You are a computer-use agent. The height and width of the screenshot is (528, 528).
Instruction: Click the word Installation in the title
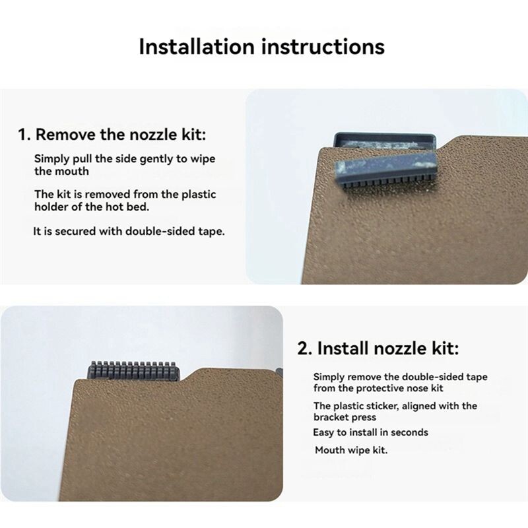pos(196,46)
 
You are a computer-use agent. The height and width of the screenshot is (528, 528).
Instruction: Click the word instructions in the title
pos(323,46)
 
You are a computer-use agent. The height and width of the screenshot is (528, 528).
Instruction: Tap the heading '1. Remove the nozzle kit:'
pos(112,135)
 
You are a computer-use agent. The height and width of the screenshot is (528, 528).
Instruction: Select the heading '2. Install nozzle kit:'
pos(378,348)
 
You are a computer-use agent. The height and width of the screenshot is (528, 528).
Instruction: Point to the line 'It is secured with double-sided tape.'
pos(129,232)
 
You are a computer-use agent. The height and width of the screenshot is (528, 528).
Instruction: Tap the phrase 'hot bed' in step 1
pos(127,207)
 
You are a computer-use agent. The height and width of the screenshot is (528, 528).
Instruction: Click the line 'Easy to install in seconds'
pos(370,432)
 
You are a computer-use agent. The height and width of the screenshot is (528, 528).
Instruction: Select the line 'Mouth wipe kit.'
pos(351,450)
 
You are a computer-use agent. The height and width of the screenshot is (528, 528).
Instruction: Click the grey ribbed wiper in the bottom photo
pos(133,372)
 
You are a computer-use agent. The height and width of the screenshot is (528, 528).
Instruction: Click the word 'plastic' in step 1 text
pos(199,194)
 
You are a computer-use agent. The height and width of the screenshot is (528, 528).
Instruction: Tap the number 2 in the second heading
pos(302,348)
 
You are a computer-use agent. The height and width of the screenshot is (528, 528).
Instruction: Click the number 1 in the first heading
pos(22,135)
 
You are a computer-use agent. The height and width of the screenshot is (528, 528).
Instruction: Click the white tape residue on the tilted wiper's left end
pos(341,168)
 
